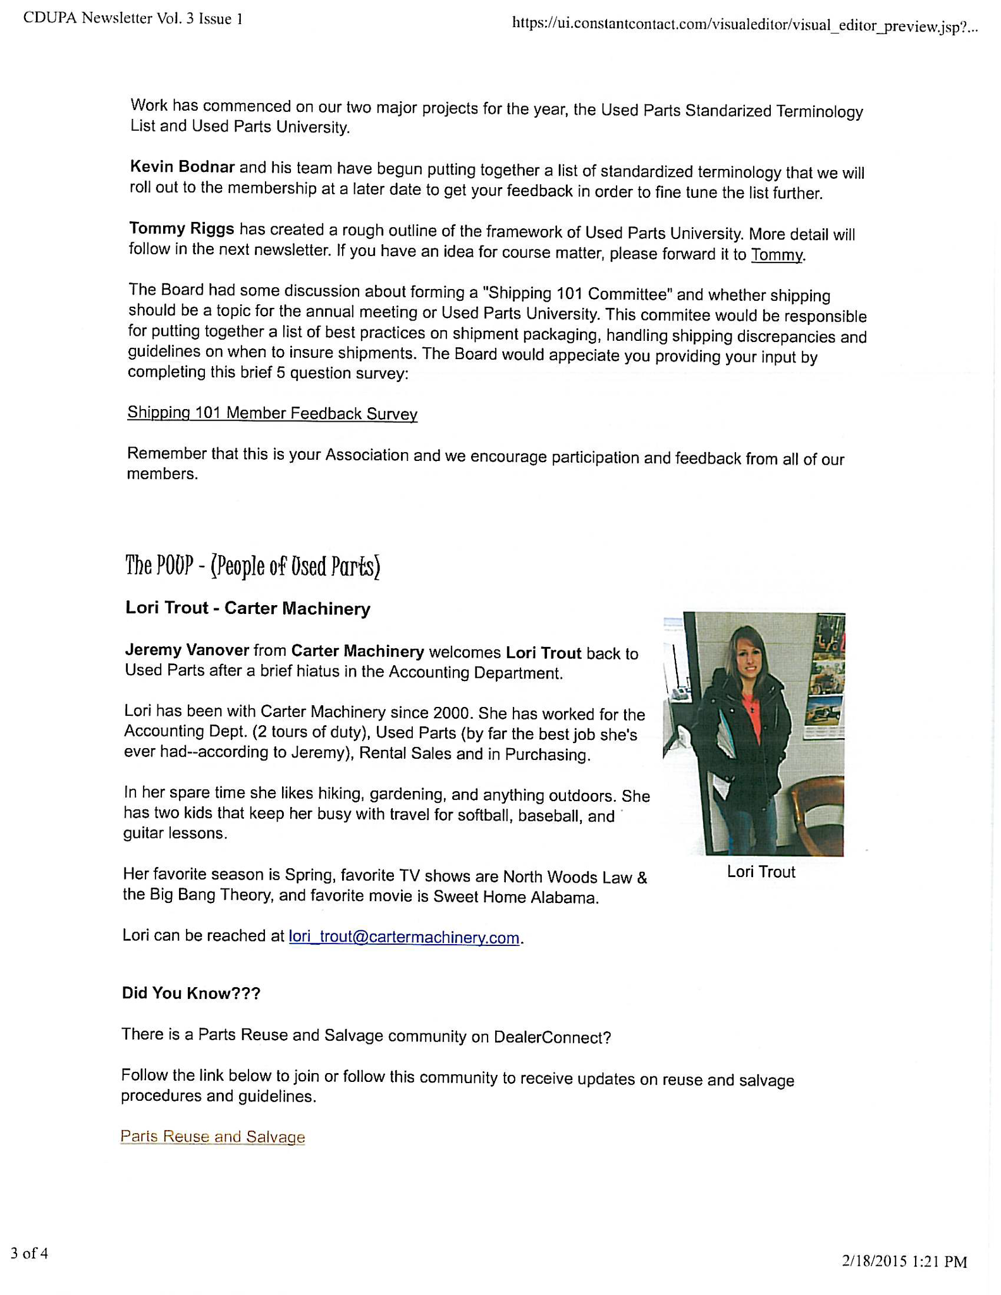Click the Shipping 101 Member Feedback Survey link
(272, 414)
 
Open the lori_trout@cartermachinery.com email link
(403, 936)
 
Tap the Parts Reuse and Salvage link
(212, 1136)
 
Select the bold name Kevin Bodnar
(182, 167)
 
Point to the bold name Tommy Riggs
(181, 228)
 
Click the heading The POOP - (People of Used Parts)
(252, 566)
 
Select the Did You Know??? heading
(191, 993)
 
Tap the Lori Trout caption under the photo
(761, 872)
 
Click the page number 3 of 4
(29, 1253)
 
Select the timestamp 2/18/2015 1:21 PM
(904, 1261)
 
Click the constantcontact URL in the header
(745, 25)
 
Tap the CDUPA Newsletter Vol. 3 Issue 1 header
(133, 18)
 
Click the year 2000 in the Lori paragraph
(451, 713)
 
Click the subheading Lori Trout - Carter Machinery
(248, 608)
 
